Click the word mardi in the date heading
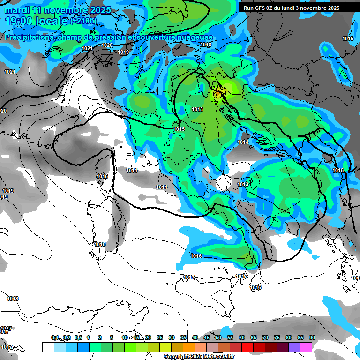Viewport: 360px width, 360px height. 15,10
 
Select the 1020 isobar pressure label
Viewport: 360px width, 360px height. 107,45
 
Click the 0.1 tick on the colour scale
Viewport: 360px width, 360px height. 54,337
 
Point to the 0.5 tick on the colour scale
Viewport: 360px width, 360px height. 78,337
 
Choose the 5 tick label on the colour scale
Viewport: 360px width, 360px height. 111,337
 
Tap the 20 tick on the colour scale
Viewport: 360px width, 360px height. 148,337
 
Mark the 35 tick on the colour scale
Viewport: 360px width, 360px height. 183,337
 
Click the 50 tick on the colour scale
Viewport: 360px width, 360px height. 218,337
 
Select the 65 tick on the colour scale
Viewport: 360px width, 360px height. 254,337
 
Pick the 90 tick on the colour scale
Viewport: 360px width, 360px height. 312,337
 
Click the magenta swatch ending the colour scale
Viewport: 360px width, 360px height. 306,347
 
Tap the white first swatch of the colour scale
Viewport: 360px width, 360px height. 48,347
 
